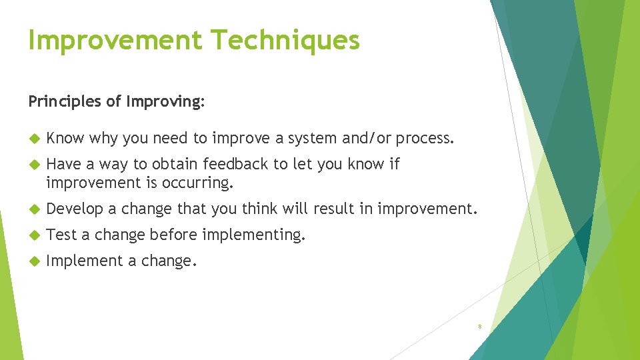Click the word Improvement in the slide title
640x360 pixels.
[115, 40]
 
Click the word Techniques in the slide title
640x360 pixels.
[286, 40]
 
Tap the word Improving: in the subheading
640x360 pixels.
[165, 102]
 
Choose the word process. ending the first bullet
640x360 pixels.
[425, 139]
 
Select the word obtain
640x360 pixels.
[176, 164]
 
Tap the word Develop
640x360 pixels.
[75, 209]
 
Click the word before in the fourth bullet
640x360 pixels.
[174, 235]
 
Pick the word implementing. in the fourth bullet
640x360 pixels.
[253, 235]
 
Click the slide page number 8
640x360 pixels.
[479, 327]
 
